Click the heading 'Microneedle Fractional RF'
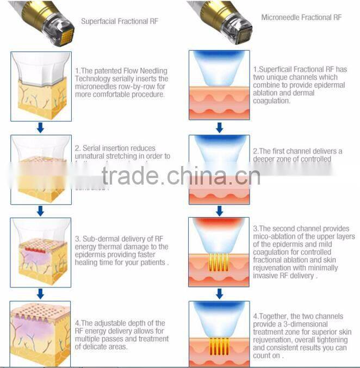click(x=301, y=17)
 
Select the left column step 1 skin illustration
click(x=40, y=86)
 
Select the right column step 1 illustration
click(x=219, y=85)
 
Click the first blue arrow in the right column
click(x=219, y=127)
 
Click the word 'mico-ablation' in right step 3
click(x=271, y=237)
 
